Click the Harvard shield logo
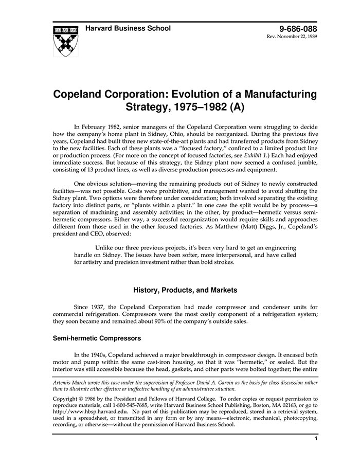(65, 40)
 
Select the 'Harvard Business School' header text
(128, 28)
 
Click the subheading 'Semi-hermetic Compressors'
(97, 338)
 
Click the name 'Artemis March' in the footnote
(71, 382)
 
